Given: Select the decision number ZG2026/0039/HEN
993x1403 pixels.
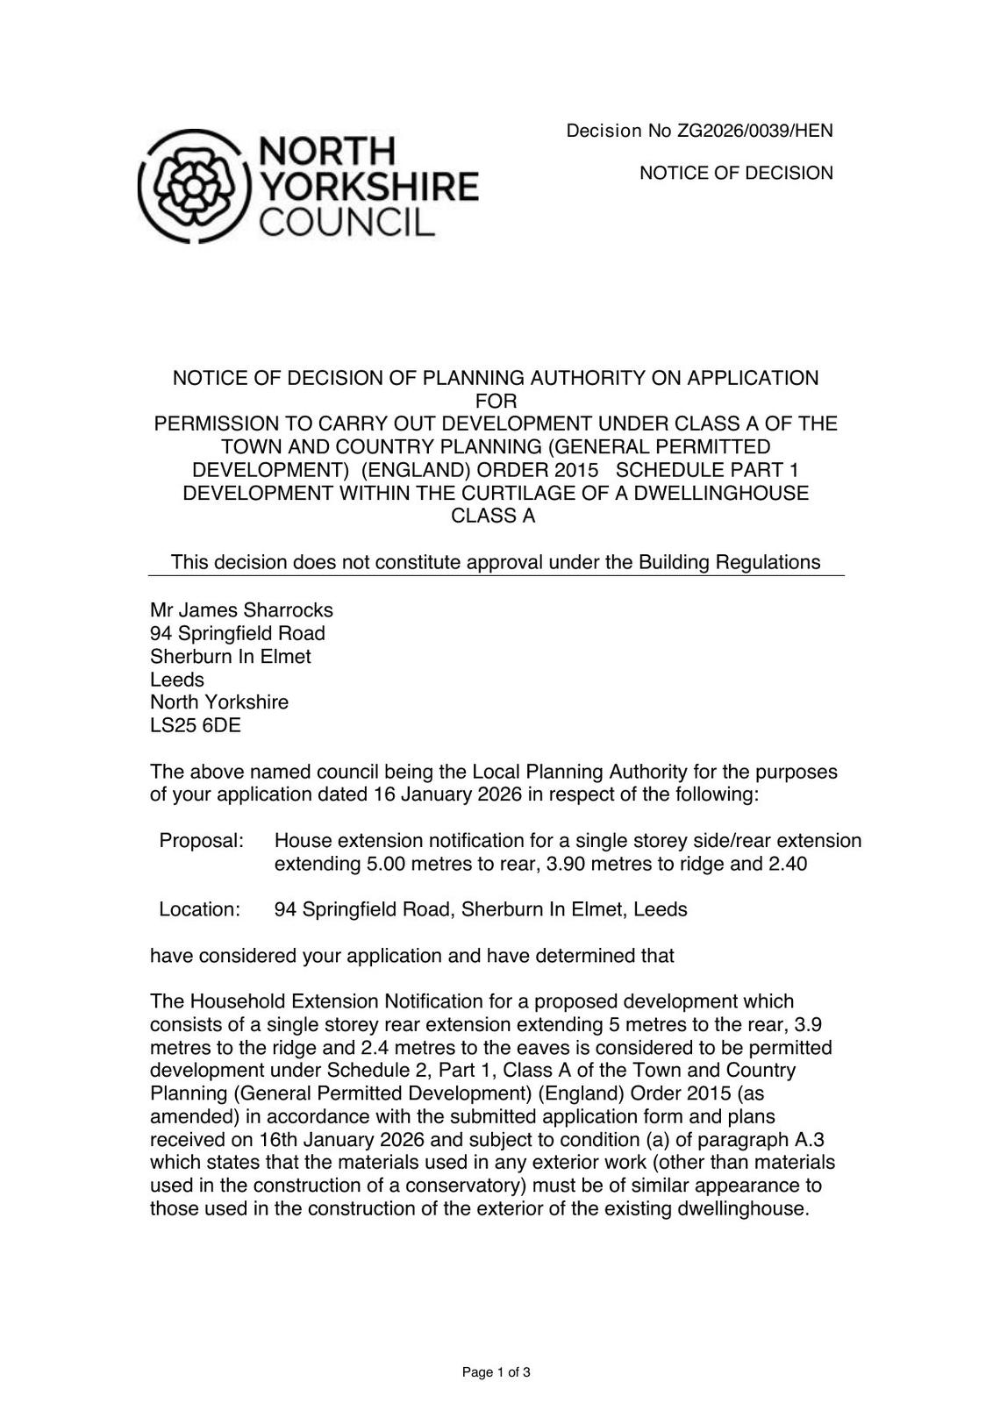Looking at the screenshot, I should pos(754,132).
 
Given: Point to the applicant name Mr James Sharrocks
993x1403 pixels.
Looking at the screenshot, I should pos(241,610).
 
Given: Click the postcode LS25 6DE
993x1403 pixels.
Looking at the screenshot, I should pos(196,725).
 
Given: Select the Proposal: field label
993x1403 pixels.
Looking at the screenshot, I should pos(201,841).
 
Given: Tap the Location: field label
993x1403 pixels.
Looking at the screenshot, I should pos(199,909).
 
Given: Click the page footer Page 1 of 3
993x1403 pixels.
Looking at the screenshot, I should pos(496,1372).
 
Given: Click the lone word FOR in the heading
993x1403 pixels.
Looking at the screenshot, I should pos(496,402).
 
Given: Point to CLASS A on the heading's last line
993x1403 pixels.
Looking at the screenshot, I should pos(493,516).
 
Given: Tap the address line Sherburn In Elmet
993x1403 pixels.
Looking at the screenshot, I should pos(231,657).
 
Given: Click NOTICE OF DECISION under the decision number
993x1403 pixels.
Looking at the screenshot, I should pos(736,174).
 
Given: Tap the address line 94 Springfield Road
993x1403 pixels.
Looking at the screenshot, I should pos(238,633).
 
